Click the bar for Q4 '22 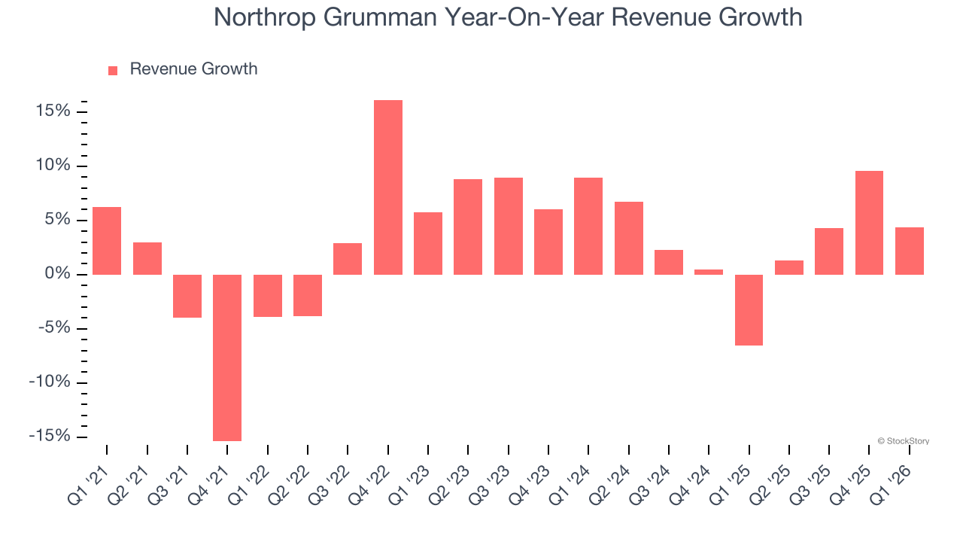coord(388,187)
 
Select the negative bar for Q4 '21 coord(227,358)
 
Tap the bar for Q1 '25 coord(749,310)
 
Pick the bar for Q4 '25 coord(870,223)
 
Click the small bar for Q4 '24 coord(709,272)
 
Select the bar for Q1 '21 coord(107,241)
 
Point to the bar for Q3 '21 coord(187,296)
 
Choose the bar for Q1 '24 coord(588,226)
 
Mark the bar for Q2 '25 coord(789,267)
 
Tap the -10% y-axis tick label coord(50,382)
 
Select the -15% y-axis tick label coord(50,437)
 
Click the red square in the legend coord(113,70)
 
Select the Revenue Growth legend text coord(193,69)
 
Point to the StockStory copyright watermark coord(903,441)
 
